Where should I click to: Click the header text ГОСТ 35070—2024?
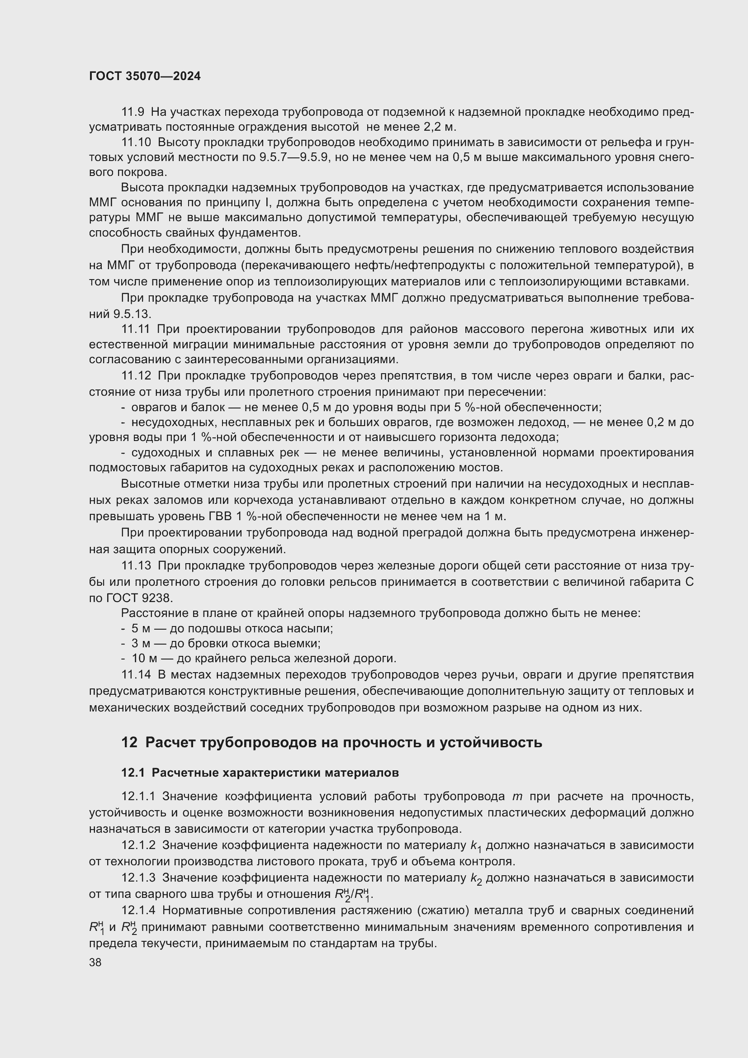pos(145,76)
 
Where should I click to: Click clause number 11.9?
pos(133,112)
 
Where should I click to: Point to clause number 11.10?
pos(136,142)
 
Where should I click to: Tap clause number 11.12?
pos(136,376)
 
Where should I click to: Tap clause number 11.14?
pos(136,675)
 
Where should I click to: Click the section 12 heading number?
pos(129,743)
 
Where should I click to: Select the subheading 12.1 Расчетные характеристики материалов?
pos(260,773)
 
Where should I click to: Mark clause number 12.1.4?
pos(139,911)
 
